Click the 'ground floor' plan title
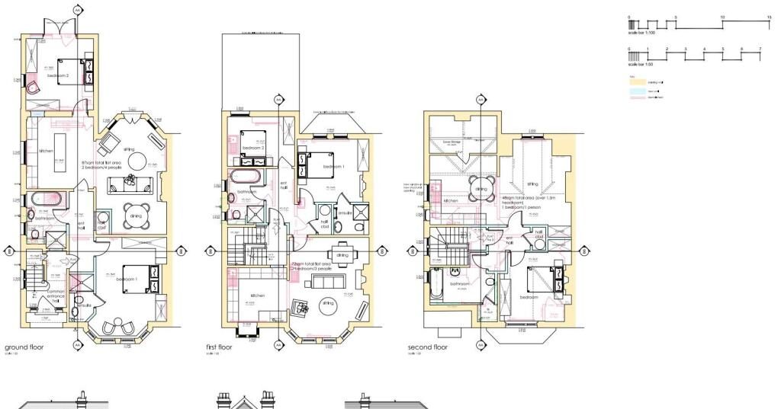tap(24, 347)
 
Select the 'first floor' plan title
tap(221, 347)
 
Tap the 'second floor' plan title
tap(428, 347)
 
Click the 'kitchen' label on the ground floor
tap(46, 151)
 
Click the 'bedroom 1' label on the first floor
tap(333, 166)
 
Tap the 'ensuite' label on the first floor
tap(344, 214)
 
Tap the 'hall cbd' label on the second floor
tap(538, 235)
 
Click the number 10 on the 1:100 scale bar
tap(722, 17)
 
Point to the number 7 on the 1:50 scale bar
tap(760, 50)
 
